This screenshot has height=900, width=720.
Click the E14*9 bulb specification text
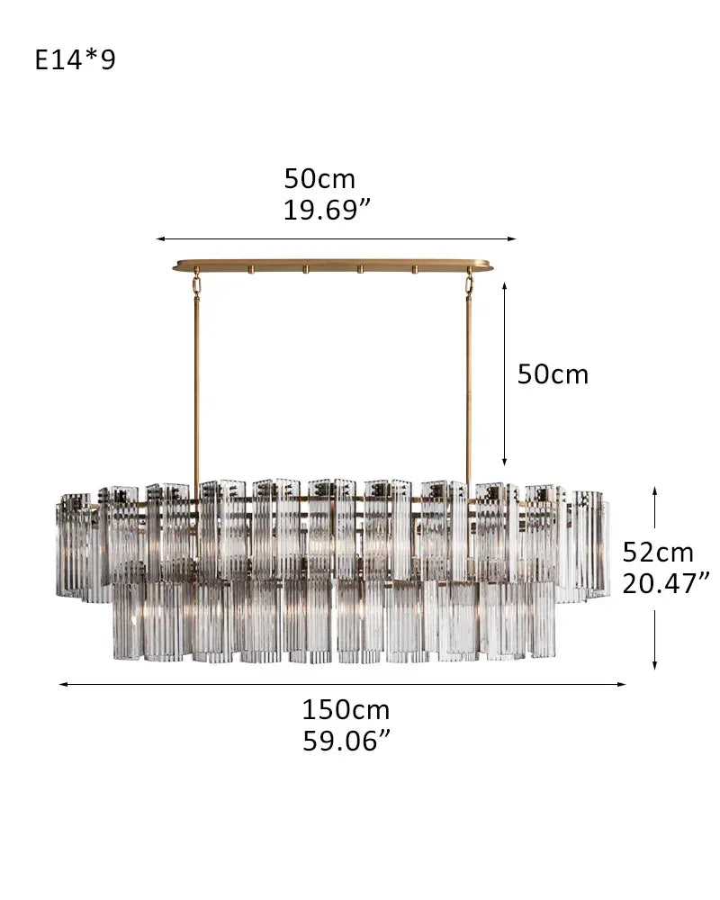pos(76,60)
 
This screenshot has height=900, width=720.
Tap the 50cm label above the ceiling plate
pos(319,179)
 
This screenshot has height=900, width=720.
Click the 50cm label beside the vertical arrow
pos(552,374)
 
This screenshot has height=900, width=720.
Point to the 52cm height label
pos(658,552)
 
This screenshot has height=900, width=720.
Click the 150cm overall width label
pos(345,709)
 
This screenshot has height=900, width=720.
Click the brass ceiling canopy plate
pos(334,266)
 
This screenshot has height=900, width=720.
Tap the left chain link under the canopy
pos(195,283)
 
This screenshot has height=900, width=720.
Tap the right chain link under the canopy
pos(469,283)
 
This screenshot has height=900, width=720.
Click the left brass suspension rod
pos(196,387)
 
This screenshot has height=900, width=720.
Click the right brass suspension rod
pos(468,387)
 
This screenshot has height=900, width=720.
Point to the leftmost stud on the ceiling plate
pos(253,269)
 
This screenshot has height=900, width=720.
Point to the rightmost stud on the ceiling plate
pos(415,269)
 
